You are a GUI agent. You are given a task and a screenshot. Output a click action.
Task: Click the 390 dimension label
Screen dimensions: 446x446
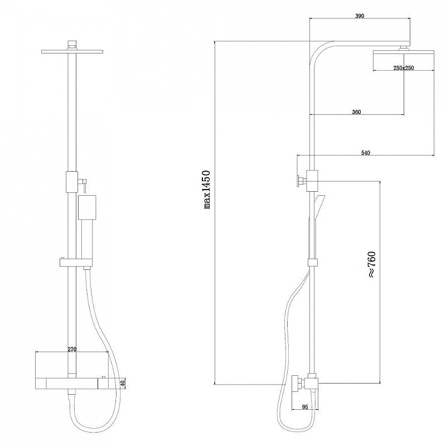(x=360, y=16)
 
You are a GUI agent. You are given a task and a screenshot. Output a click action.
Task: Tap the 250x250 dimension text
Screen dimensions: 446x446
(x=404, y=68)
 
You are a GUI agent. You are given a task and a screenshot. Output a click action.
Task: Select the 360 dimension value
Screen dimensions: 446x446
(x=356, y=112)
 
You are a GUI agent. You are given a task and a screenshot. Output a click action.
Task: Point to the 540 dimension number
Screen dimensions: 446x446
(x=366, y=153)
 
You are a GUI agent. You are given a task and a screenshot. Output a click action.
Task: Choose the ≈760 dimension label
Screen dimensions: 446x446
(x=372, y=264)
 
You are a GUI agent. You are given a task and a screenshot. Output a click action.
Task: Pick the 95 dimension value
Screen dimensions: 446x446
(x=304, y=408)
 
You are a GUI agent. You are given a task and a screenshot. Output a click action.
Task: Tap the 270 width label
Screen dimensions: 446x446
(x=72, y=350)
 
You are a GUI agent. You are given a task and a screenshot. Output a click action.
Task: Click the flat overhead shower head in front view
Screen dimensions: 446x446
(x=72, y=51)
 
